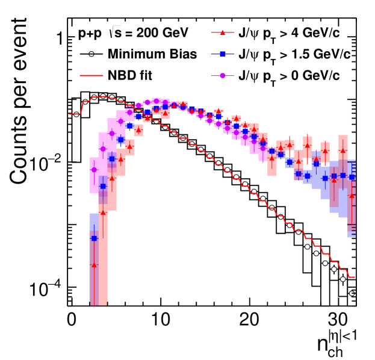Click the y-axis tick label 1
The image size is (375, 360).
[60, 37]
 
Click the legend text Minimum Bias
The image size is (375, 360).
[152, 54]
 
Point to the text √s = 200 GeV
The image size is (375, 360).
[150, 33]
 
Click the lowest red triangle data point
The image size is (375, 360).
[94, 264]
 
